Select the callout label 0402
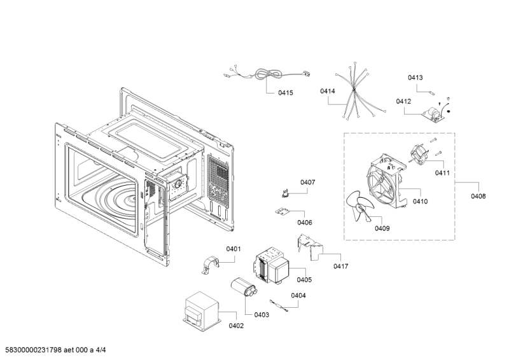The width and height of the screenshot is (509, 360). [236, 326]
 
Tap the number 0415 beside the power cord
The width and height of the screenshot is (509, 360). [286, 93]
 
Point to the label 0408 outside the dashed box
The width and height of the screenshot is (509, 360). [478, 197]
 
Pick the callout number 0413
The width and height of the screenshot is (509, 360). [415, 78]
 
